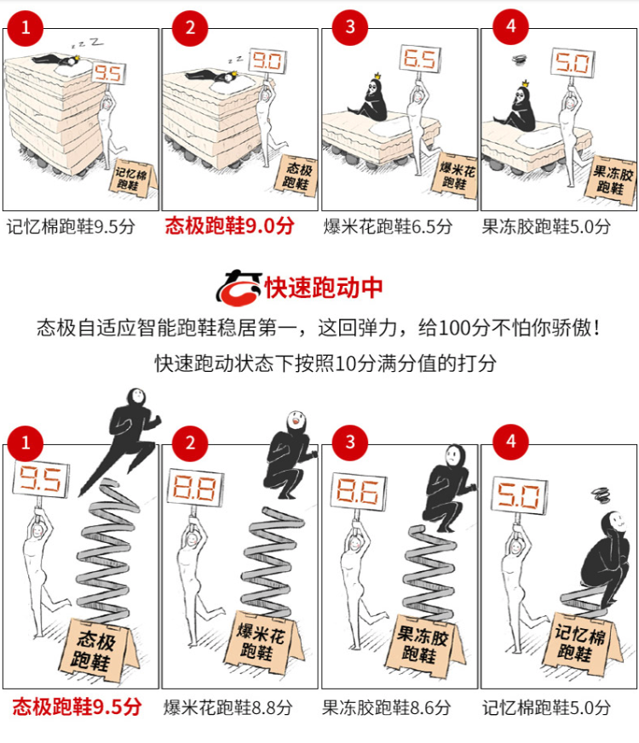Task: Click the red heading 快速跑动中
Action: point(324,287)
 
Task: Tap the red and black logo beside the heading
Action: point(239,287)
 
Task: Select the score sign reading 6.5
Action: point(420,60)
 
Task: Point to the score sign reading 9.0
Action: point(268,60)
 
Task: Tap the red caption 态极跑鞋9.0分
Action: point(229,226)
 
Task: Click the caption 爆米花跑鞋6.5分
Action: point(388,226)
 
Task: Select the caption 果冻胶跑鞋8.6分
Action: point(386,707)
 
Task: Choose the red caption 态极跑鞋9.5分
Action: point(77,706)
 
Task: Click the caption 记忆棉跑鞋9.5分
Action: point(71,226)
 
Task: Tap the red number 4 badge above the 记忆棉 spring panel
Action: point(511,442)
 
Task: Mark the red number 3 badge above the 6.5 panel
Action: point(350,27)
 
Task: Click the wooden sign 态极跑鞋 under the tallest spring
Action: point(95,650)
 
